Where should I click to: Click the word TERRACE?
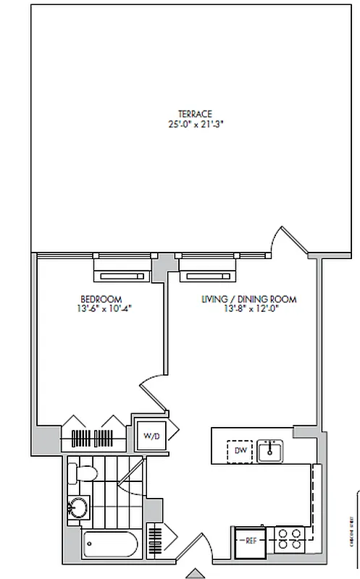coord(195,114)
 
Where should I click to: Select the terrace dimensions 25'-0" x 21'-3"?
coord(195,123)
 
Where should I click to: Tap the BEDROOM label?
coord(101,299)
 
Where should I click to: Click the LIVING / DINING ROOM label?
coord(248,299)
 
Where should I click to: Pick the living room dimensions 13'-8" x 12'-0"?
coord(248,308)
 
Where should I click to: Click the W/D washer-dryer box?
coord(151,436)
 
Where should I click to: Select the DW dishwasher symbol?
coord(241,452)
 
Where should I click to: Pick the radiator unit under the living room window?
coord(209,276)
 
